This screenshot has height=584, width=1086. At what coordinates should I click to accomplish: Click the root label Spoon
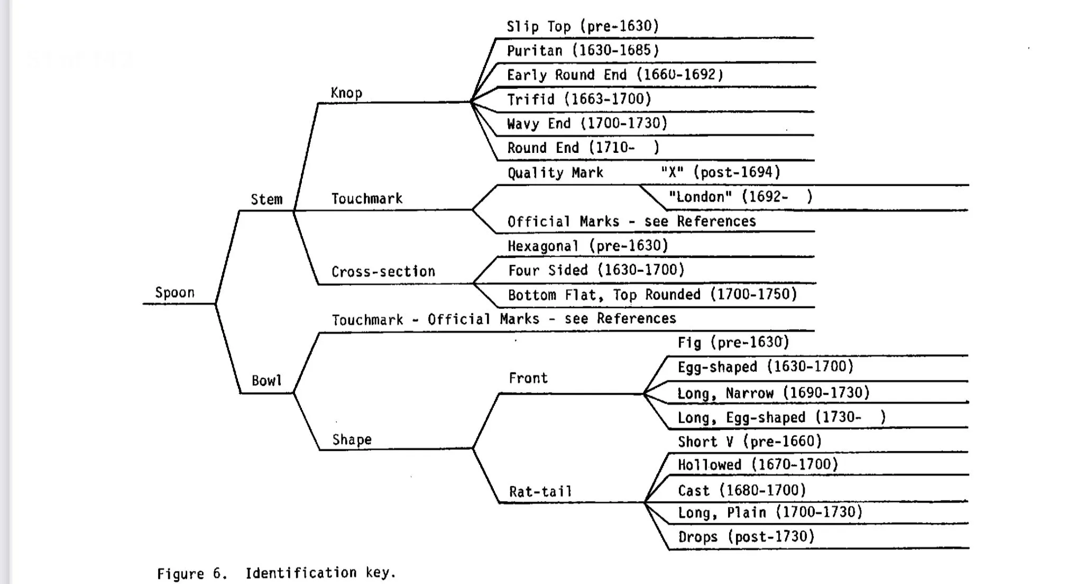[x=174, y=293]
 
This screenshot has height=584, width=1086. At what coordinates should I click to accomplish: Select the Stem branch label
[x=266, y=199]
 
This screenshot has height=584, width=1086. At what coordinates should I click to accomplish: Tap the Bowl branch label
[x=266, y=380]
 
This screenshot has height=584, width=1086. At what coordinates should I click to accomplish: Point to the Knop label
[x=346, y=93]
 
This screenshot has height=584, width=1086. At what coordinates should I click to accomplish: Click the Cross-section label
[x=383, y=271]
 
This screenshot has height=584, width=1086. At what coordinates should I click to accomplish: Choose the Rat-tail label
[x=540, y=491]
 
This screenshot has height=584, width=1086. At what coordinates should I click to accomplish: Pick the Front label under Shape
[x=528, y=378]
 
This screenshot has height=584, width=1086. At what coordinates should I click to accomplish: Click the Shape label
[x=352, y=440]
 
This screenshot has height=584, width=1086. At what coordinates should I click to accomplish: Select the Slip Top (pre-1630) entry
[x=583, y=26]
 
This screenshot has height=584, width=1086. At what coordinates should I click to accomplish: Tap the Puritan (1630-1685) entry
[x=583, y=51]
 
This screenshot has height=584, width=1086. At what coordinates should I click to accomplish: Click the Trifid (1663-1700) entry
[x=579, y=99]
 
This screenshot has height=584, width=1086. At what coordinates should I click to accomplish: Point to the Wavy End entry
[x=587, y=123]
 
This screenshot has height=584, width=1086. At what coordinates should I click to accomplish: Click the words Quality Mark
[x=555, y=172]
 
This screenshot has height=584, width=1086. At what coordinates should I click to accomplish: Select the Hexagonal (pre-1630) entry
[x=588, y=245]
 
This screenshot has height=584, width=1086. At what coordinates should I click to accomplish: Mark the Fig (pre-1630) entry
[x=733, y=342]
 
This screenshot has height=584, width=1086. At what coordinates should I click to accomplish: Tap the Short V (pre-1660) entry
[x=750, y=441]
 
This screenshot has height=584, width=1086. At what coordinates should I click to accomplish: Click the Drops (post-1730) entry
[x=746, y=536]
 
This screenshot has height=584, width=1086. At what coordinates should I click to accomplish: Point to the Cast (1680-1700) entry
[x=742, y=490]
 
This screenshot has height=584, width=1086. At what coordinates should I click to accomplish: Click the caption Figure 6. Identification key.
[x=277, y=573]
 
